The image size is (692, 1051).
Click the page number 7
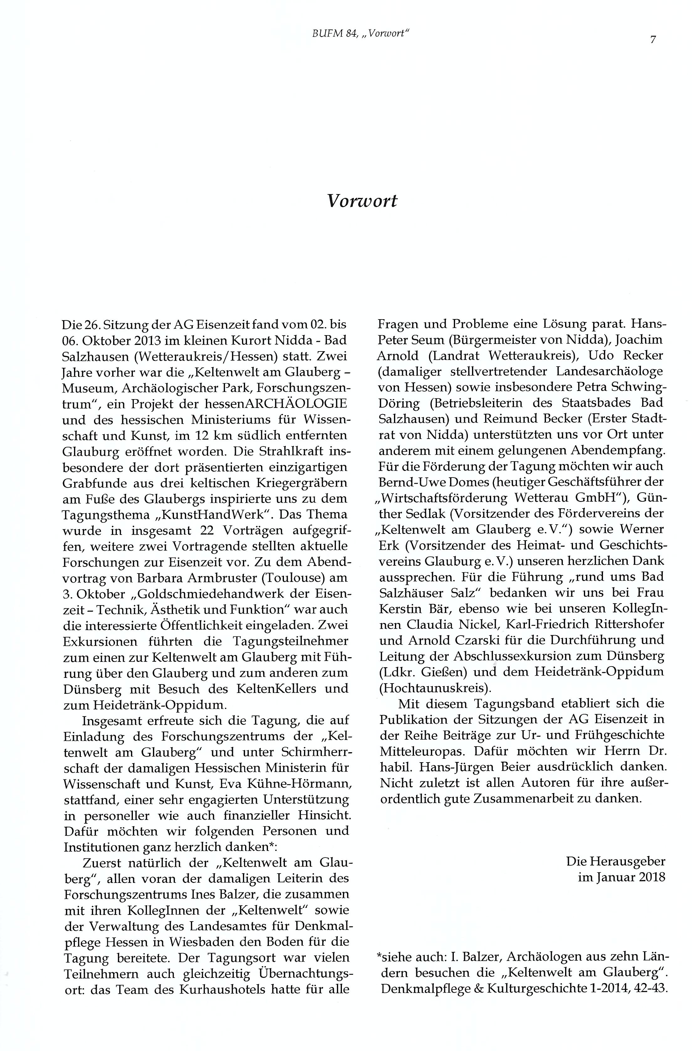coord(653,40)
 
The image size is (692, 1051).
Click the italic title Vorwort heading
coord(362,201)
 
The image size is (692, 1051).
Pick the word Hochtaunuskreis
coord(434,688)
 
